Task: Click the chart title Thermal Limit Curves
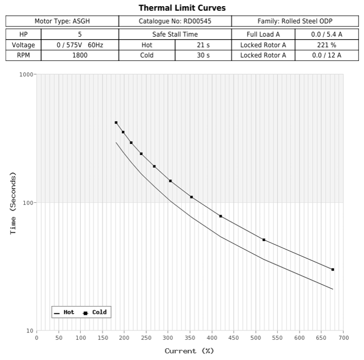[182, 8]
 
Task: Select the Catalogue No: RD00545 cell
[175, 21]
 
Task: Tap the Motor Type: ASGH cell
[62, 21]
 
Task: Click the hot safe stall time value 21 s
[203, 45]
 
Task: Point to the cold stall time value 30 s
[203, 55]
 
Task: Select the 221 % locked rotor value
[326, 45]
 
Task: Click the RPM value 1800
[79, 55]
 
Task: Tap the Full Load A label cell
[263, 35]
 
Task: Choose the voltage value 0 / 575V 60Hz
[79, 45]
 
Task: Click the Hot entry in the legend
[65, 312]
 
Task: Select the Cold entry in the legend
[96, 312]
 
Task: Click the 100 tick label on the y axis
[28, 203]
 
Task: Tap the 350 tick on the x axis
[190, 337]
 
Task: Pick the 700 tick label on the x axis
[343, 337]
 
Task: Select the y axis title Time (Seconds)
[13, 203]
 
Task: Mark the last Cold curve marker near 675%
[332, 269]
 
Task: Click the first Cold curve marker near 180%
[116, 123]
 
